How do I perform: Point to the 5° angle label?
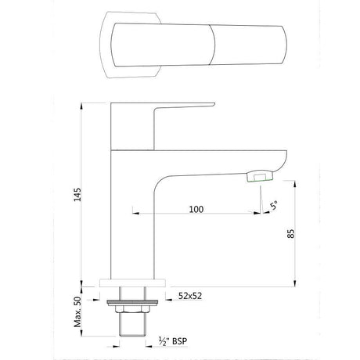[272, 207]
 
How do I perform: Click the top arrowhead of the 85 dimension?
[294, 182]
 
